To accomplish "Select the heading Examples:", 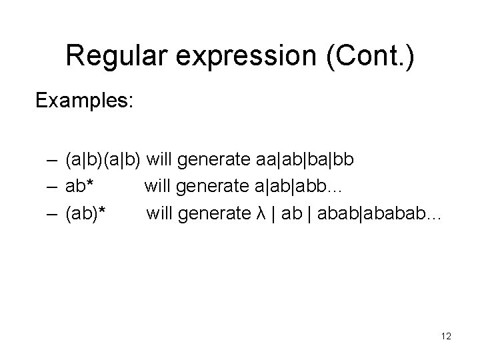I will click(85, 101).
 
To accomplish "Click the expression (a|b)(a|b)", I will click(103, 159).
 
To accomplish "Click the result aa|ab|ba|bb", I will click(305, 159).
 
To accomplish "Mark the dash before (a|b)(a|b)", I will click(52, 159).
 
